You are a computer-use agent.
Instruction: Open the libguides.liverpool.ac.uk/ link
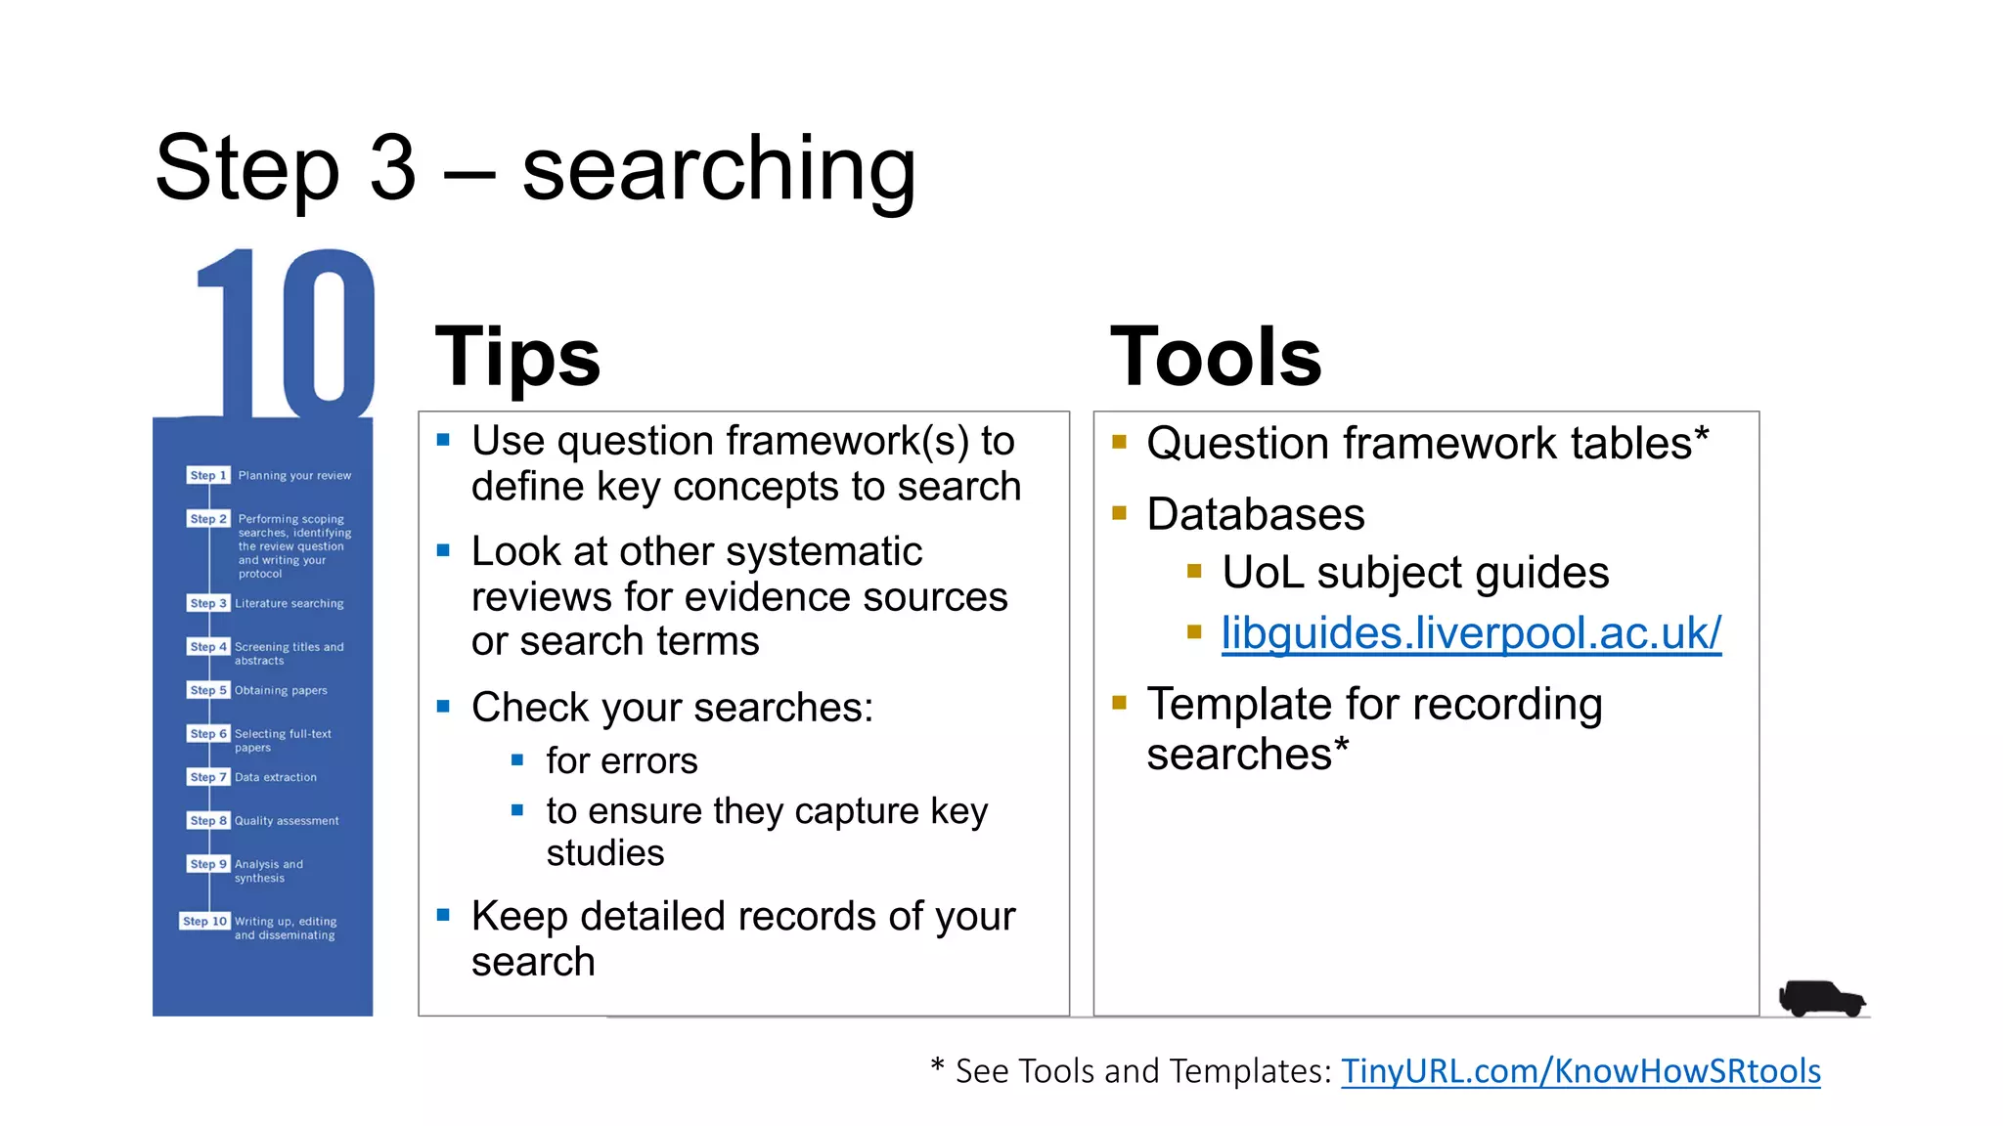coord(1470,633)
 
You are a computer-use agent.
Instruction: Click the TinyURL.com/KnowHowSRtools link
coord(1580,1071)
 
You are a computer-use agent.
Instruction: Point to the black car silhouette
coord(1821,999)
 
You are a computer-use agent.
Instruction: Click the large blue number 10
coord(286,332)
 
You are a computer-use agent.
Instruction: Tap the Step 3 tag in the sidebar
coord(208,603)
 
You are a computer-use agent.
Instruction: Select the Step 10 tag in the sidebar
coord(204,921)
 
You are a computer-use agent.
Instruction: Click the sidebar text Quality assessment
coord(287,821)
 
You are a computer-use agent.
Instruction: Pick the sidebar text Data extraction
coord(276,777)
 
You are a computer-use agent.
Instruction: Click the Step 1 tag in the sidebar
coord(208,475)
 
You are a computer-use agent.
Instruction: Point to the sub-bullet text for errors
coord(621,761)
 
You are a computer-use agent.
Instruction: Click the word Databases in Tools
coord(1255,515)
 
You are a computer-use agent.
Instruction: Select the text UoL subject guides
coord(1414,573)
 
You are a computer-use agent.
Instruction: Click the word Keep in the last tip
coord(519,917)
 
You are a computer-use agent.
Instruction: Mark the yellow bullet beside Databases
coord(1120,513)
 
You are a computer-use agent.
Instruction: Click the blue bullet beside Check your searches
coord(443,706)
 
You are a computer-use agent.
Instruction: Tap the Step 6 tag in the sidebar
coord(208,733)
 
